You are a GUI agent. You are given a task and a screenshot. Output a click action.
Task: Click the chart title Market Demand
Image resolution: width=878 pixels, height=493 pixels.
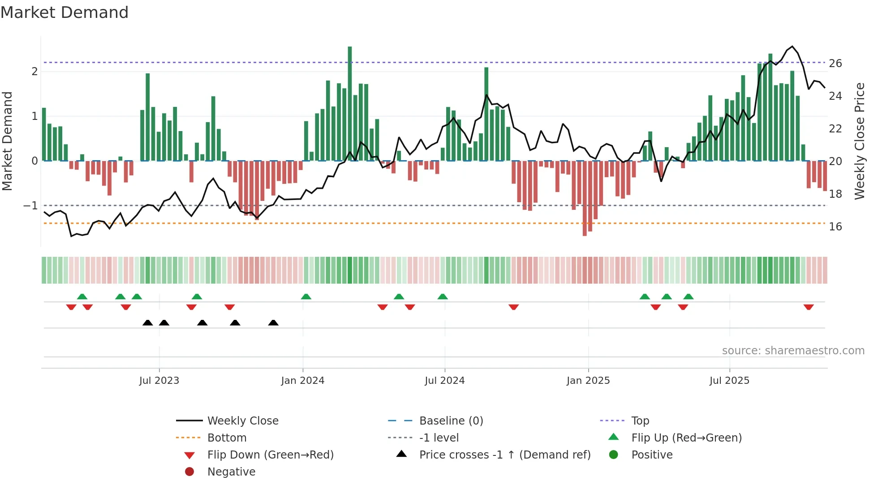pos(65,13)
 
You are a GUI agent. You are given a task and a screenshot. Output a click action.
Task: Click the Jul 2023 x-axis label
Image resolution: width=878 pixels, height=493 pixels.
pos(159,381)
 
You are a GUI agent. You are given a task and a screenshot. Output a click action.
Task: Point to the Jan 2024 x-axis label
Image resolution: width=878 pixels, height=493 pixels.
pos(303,381)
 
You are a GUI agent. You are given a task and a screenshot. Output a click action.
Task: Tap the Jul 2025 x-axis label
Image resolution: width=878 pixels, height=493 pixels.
pos(729,381)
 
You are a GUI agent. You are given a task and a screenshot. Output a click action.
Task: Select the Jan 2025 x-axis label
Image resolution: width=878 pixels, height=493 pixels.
pos(588,381)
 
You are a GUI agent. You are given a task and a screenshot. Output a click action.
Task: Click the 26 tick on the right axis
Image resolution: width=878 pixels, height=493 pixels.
pos(835,64)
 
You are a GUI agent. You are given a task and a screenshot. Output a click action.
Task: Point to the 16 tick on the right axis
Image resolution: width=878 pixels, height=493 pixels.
pos(835,227)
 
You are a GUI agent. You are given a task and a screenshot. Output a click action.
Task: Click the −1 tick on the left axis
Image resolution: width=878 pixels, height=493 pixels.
pos(31,206)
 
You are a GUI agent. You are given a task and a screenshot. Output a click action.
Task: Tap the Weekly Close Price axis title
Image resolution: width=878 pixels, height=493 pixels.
pos(859,141)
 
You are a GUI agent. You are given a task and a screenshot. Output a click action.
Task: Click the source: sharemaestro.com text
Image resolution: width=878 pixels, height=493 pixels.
pos(793,351)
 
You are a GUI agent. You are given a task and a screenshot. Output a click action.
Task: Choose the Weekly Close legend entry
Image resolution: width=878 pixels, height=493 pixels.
pos(242,421)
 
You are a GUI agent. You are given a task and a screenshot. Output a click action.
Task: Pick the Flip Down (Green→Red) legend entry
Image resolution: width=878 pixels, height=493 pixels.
pos(270,455)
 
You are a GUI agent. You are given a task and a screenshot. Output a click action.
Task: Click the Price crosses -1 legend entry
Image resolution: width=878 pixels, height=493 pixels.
pos(504,455)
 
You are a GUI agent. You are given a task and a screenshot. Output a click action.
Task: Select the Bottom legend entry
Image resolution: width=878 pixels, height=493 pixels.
pos(227,438)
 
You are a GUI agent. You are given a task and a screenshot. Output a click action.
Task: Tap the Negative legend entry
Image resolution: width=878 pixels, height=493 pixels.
pos(231,472)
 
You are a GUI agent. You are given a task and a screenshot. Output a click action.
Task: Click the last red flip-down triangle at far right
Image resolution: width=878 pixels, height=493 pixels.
pos(809,307)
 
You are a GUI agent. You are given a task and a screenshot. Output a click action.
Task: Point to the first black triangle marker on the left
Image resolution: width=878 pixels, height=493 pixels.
pos(148,323)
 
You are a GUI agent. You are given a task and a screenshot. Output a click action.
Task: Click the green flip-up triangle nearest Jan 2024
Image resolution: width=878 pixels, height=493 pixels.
pos(306,297)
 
